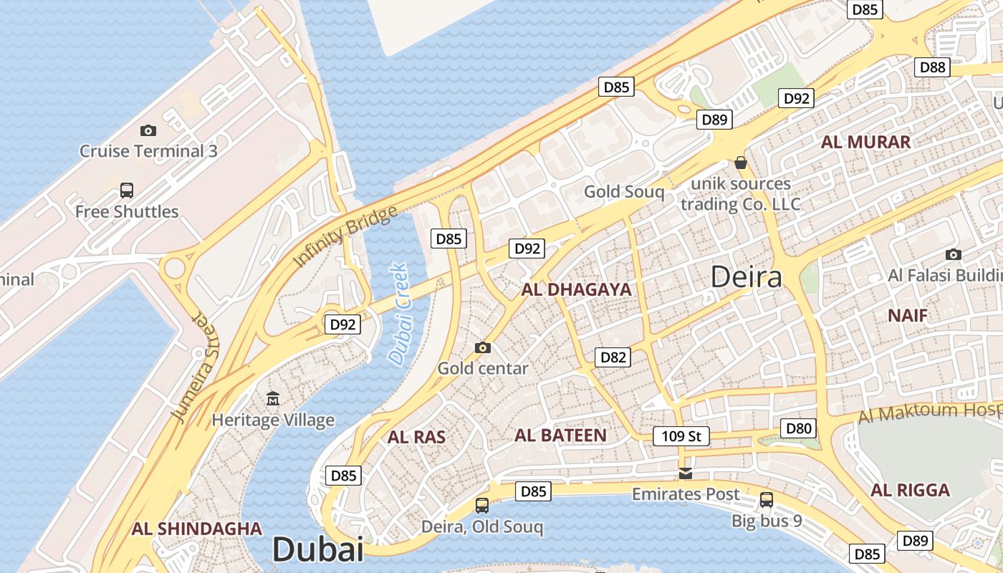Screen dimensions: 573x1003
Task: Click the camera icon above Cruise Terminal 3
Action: [148, 130]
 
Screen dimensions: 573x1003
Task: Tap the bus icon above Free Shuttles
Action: [127, 191]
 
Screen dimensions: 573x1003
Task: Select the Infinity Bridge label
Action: [345, 236]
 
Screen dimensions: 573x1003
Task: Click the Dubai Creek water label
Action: [398, 313]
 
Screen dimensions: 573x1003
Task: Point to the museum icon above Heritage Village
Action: [273, 398]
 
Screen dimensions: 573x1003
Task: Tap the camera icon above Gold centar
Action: [483, 348]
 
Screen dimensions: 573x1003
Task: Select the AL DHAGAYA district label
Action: [577, 290]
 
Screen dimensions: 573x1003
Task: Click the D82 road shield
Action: [613, 357]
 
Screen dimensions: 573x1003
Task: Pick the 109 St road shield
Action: [681, 435]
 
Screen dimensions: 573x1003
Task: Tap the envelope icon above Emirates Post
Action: [686, 473]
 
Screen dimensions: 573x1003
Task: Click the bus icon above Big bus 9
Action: [767, 499]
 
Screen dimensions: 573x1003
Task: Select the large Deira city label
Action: [746, 276]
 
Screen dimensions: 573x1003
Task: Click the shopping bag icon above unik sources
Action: [741, 163]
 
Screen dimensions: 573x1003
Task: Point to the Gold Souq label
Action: [624, 191]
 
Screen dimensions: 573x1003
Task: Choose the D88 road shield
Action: [933, 67]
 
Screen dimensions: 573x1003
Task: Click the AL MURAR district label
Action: [865, 142]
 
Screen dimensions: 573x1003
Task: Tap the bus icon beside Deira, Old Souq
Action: [482, 506]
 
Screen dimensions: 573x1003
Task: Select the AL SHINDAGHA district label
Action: [196, 529]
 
